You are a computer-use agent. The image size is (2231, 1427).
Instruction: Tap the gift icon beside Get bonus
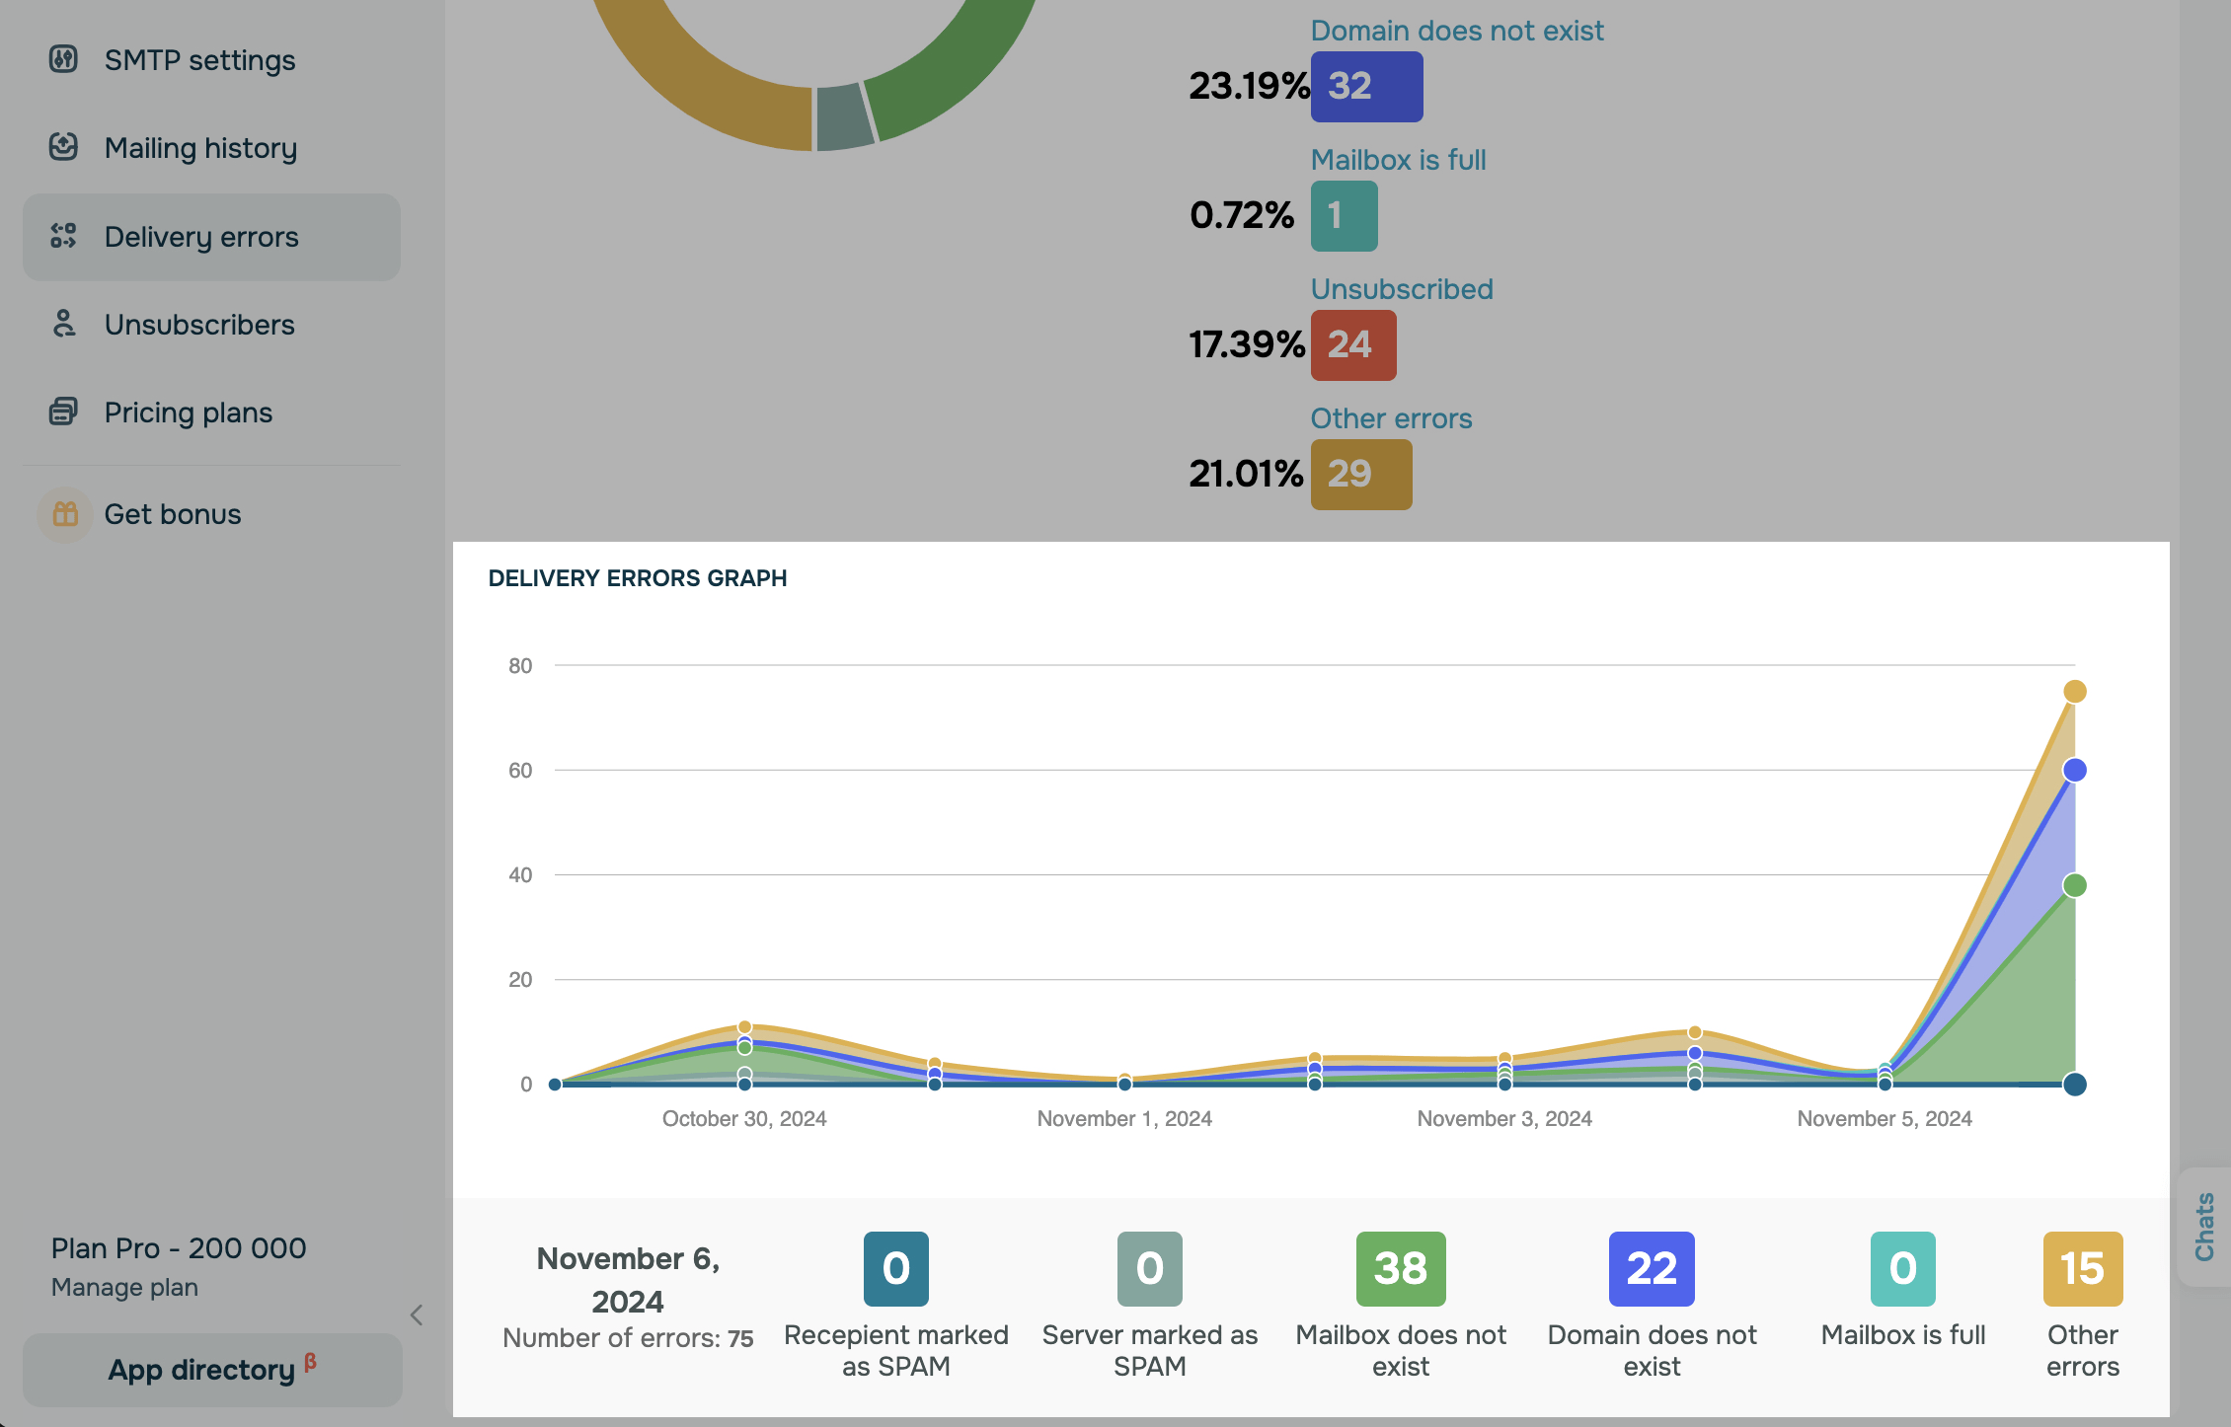tap(65, 514)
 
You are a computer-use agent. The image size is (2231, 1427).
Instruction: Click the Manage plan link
tap(124, 1287)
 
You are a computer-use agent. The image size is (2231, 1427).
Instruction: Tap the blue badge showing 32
tap(1366, 87)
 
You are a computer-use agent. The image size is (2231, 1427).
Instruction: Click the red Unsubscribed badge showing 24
tap(1352, 345)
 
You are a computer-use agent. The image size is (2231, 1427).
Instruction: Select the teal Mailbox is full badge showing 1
tap(1344, 216)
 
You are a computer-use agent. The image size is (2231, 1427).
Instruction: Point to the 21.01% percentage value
tap(1246, 475)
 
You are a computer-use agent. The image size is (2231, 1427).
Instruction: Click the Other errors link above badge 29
tap(1391, 418)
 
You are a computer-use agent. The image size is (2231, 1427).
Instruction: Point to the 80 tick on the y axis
tap(520, 666)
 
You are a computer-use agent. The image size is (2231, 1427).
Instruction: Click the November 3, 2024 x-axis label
tap(1503, 1118)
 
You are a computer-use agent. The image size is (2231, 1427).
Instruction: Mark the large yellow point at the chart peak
tap(2074, 692)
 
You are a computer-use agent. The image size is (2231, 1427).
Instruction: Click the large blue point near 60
tap(2074, 770)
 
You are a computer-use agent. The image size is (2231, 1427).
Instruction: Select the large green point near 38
tap(2074, 885)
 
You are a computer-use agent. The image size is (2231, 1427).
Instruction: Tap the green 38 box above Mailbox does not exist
tap(1400, 1269)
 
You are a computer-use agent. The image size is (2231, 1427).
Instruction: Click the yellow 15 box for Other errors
tap(2082, 1269)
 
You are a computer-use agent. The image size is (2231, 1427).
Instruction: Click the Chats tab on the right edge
tap(2204, 1227)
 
